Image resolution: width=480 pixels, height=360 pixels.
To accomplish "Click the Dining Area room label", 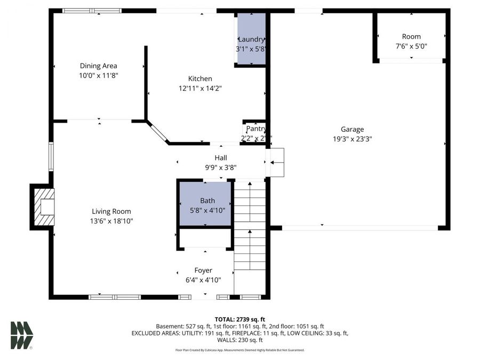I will (x=99, y=66).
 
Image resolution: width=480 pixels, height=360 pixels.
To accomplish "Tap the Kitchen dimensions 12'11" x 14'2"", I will (x=200, y=89).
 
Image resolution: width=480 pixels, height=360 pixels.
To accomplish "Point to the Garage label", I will (x=352, y=129).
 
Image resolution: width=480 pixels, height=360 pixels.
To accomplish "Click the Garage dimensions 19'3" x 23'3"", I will (x=352, y=139).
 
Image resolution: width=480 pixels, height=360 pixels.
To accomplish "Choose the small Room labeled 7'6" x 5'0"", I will (x=411, y=42).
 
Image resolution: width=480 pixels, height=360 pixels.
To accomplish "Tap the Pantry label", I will (x=255, y=129).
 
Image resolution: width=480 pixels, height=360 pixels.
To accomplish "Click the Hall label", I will (x=221, y=158).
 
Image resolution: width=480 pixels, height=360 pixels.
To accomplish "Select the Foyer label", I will (x=203, y=270).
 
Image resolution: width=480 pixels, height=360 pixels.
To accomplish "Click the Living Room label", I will (x=111, y=211).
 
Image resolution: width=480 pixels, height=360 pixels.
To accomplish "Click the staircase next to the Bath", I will (x=250, y=229).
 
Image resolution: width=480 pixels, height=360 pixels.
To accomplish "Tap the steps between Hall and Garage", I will (x=277, y=162).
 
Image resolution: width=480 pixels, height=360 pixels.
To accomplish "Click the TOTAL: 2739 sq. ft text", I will (x=239, y=318).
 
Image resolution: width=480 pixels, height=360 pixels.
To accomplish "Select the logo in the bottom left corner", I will (x=21, y=335).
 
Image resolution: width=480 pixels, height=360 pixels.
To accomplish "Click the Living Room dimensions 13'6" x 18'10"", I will (x=111, y=221).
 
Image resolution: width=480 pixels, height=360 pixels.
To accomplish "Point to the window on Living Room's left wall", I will (x=51, y=156).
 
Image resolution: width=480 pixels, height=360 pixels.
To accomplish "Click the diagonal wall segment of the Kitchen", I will (x=158, y=132).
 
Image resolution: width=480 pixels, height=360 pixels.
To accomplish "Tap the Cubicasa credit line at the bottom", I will (x=239, y=350).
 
